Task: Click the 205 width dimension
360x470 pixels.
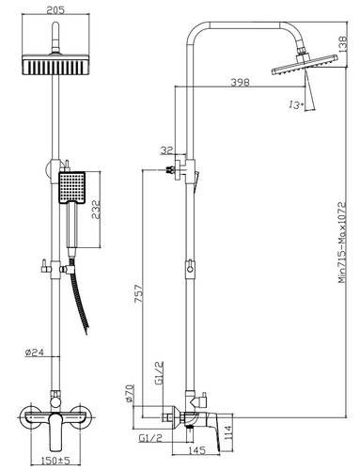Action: (x=55, y=10)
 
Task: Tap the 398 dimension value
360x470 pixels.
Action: (x=241, y=82)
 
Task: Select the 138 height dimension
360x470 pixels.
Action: (x=343, y=44)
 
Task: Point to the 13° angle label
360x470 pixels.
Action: (x=296, y=104)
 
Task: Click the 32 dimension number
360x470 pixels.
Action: (x=166, y=150)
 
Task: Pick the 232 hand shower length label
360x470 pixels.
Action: (x=96, y=210)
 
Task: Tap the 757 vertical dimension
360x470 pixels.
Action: (x=138, y=293)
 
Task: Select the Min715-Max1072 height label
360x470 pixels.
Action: (x=342, y=243)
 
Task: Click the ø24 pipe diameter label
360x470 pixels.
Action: (x=34, y=352)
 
